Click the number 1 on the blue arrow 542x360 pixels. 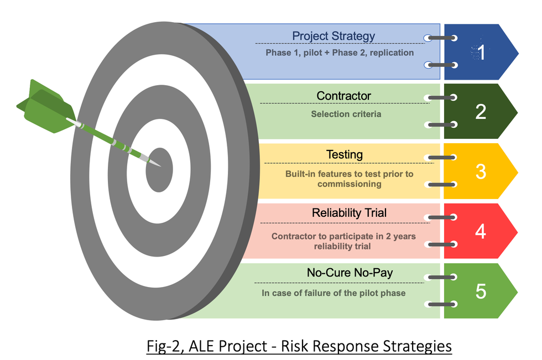click(481, 53)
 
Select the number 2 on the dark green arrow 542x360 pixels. click(481, 112)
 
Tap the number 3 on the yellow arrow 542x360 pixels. click(481, 171)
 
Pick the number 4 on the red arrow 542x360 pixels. click(481, 231)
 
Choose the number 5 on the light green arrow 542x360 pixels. click(481, 291)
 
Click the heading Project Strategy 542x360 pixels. click(333, 36)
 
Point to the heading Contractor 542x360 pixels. click(343, 96)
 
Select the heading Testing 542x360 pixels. click(345, 154)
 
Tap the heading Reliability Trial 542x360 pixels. click(349, 213)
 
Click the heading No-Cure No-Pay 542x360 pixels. click(350, 273)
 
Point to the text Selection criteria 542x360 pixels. click(346, 114)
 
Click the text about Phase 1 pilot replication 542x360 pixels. click(340, 53)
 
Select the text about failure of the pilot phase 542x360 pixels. click(333, 293)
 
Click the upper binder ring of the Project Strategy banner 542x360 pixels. click(441, 38)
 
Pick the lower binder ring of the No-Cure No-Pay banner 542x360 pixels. click(441, 304)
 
